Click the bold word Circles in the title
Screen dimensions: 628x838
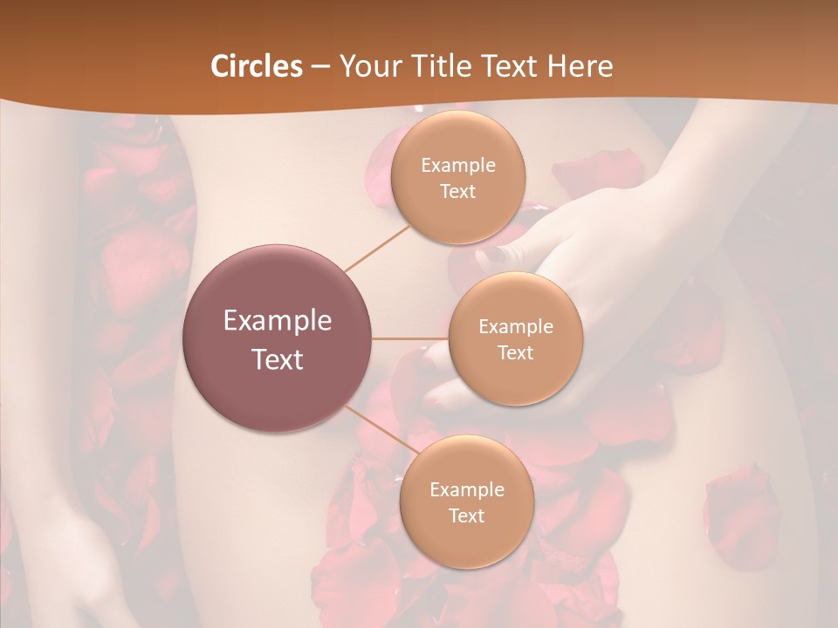click(256, 66)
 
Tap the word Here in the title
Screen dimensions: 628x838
click(580, 66)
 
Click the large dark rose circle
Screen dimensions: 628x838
click(278, 338)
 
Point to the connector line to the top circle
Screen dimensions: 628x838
click(378, 247)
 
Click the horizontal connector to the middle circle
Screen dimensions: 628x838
click(410, 338)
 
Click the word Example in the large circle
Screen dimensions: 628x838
click(278, 321)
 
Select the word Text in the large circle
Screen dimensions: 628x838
click(278, 359)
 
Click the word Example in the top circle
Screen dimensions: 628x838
click(457, 166)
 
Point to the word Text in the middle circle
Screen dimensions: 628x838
click(515, 352)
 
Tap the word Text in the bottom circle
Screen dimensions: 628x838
click(466, 515)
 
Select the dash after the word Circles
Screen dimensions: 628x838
click(319, 67)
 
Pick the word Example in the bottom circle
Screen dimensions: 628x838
click(466, 490)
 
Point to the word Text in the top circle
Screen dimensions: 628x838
click(457, 191)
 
